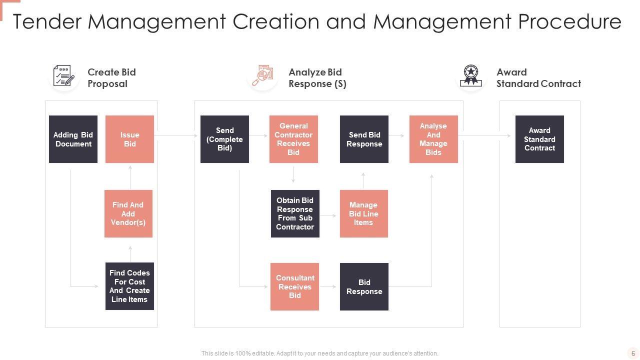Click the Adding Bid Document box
[x=73, y=139]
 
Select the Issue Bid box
[x=129, y=139]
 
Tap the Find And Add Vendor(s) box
[x=128, y=213]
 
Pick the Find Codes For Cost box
[x=129, y=286]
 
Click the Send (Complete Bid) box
[x=224, y=139]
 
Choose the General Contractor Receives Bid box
[x=293, y=139]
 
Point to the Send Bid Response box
[x=364, y=139]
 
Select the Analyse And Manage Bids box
[x=433, y=139]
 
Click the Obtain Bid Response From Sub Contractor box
[x=295, y=213]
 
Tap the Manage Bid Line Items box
[x=363, y=213]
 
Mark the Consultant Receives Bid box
[x=294, y=286]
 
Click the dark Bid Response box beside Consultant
[x=364, y=286]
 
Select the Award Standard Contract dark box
[x=539, y=139]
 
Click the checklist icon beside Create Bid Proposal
[x=64, y=76]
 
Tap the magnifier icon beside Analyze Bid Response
[x=262, y=76]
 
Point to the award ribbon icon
[x=471, y=76]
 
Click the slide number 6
[x=633, y=353]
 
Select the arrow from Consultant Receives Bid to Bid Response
[x=329, y=287]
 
